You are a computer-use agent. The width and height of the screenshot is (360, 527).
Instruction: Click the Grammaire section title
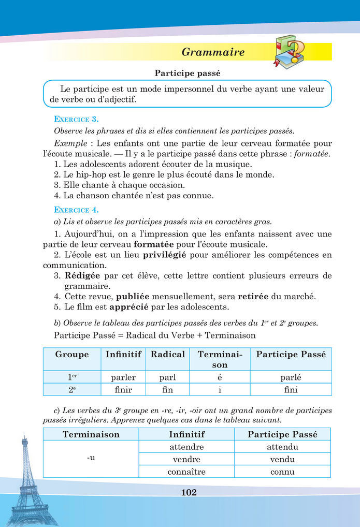pos(213,52)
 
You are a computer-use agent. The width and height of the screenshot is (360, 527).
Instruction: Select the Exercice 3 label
pos(77,119)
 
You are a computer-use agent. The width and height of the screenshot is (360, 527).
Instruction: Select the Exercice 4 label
pos(77,210)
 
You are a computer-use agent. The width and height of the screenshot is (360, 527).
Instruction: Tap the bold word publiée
pos(133,297)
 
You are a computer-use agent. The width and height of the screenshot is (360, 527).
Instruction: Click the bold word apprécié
pos(129,307)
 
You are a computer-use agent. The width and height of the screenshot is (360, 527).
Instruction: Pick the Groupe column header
pos(72,355)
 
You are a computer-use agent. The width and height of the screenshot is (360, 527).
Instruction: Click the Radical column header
pos(167,355)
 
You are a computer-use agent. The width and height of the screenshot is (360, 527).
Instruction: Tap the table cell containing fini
pos(290,390)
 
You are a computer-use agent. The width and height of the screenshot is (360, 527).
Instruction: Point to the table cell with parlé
pos(290,377)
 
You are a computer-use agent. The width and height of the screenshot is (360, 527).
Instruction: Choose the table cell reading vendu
pos(282,459)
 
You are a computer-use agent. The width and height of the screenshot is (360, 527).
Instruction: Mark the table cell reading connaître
pos(186,472)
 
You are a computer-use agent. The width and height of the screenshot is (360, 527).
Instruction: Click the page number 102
pos(189,492)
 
